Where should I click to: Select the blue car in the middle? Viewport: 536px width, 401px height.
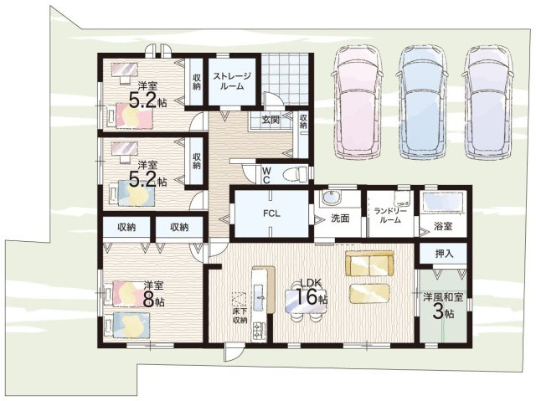tap(423, 102)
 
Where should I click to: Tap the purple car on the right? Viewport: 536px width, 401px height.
tap(488, 102)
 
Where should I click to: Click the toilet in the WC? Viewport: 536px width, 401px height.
tap(295, 174)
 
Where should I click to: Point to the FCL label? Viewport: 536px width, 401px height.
tap(271, 213)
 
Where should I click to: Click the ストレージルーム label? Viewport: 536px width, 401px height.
tap(232, 81)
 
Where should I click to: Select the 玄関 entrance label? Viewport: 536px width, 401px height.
tap(271, 120)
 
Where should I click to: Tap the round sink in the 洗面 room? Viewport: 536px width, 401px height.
tap(330, 198)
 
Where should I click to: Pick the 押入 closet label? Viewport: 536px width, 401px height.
tap(444, 254)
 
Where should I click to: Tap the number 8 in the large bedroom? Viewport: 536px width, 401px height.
tap(149, 300)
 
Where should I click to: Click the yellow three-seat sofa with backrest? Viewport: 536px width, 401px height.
tap(369, 263)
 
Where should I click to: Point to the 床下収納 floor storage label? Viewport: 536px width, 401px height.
tap(240, 316)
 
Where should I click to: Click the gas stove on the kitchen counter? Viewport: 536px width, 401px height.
tap(258, 330)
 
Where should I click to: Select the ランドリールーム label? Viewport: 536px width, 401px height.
tap(390, 215)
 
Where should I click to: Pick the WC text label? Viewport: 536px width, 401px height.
tap(266, 174)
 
